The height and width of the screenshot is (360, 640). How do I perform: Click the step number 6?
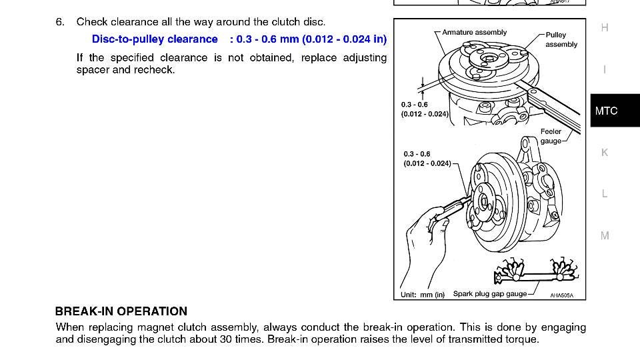pyautogui.click(x=59, y=22)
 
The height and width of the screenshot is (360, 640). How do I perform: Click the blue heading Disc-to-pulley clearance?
pyautogui.click(x=155, y=39)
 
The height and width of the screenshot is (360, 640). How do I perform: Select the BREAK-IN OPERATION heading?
pyautogui.click(x=121, y=311)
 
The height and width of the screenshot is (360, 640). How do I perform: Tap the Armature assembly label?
pyautogui.click(x=474, y=32)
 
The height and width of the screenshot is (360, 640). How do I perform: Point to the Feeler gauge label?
pyautogui.click(x=551, y=136)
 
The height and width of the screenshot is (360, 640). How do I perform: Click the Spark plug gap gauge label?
pyautogui.click(x=489, y=294)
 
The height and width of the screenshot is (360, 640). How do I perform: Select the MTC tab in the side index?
pyautogui.click(x=606, y=111)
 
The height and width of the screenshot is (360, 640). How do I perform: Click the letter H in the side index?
pyautogui.click(x=605, y=28)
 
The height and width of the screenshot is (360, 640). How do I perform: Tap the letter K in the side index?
pyautogui.click(x=605, y=153)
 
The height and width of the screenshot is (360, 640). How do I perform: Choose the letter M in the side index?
pyautogui.click(x=605, y=235)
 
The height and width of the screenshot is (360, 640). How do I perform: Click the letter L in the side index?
pyautogui.click(x=605, y=194)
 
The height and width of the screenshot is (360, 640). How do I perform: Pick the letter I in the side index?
pyautogui.click(x=605, y=69)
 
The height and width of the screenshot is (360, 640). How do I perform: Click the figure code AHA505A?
pyautogui.click(x=561, y=295)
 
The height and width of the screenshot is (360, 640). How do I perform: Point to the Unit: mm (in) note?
pyautogui.click(x=423, y=295)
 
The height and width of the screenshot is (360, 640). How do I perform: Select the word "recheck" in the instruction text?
pyautogui.click(x=155, y=70)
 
